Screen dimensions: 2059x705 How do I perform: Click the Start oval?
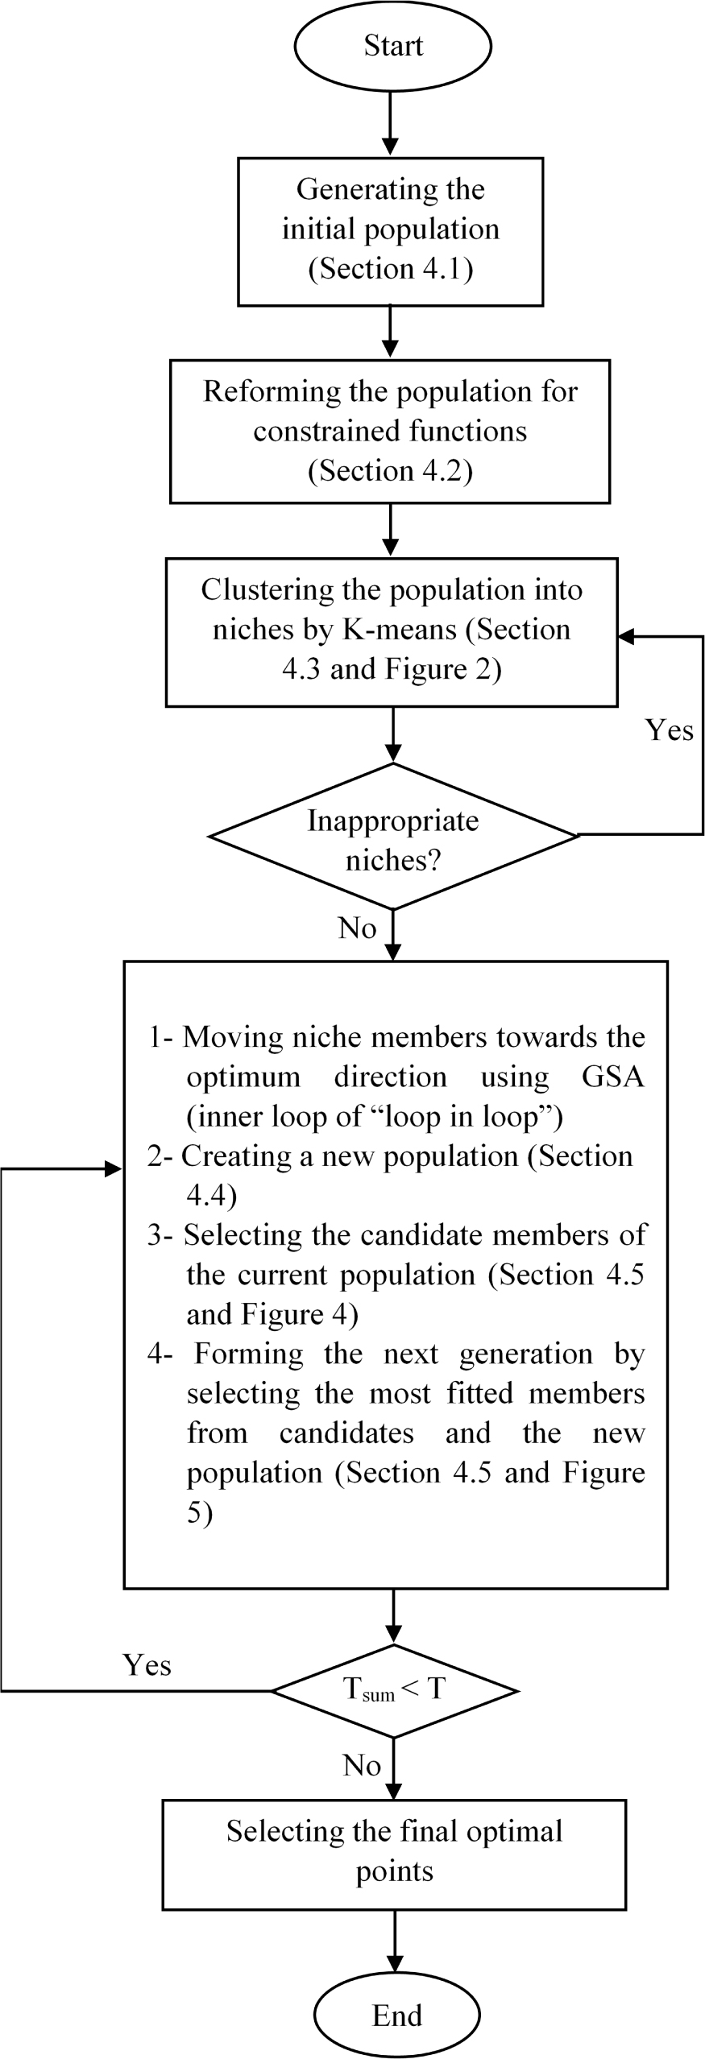click(392, 46)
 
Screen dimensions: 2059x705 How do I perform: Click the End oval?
click(396, 2016)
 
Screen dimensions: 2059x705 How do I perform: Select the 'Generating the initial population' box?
click(390, 231)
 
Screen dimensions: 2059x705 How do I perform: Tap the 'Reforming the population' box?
click(390, 431)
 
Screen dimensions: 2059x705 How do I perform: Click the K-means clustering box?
click(392, 631)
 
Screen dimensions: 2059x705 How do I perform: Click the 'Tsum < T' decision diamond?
click(394, 1690)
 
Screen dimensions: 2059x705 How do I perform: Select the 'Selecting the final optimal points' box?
click(394, 1854)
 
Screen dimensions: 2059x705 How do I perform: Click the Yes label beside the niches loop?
click(669, 730)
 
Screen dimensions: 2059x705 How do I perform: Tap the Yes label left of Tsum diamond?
click(147, 1664)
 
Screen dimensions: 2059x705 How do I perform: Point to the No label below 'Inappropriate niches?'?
click(357, 928)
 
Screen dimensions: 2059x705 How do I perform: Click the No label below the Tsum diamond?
click(361, 1765)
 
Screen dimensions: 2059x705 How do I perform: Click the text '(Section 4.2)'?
click(390, 470)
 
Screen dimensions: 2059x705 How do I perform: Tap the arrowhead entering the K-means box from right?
click(625, 637)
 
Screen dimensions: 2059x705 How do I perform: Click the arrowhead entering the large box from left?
click(114, 1169)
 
